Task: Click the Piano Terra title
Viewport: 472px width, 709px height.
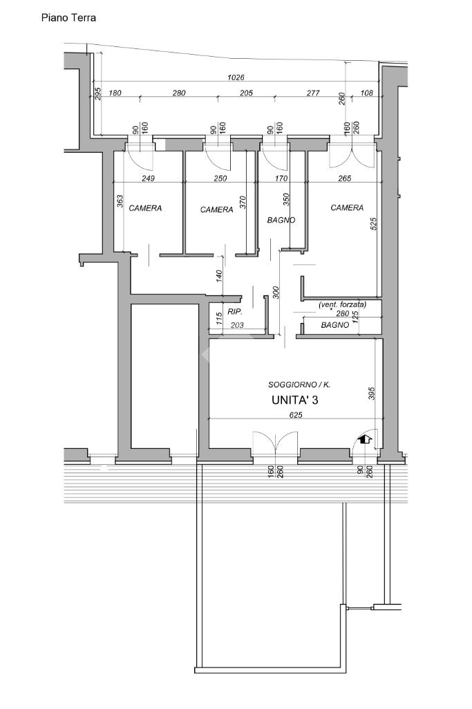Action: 68,17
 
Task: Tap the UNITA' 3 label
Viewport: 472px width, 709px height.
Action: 294,400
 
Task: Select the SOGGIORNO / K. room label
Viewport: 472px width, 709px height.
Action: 299,385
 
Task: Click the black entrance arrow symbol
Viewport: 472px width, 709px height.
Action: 365,438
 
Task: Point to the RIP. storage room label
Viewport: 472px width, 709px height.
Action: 235,311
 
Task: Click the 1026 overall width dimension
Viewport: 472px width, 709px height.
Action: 236,77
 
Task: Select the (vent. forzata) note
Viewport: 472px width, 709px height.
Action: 342,305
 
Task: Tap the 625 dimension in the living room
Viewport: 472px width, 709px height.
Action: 296,414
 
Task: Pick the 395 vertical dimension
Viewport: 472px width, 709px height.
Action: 371,394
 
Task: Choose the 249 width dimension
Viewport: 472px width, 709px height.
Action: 148,178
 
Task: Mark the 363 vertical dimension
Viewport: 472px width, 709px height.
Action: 120,201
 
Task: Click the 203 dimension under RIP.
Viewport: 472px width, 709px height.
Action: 237,325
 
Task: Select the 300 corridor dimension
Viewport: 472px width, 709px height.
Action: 276,293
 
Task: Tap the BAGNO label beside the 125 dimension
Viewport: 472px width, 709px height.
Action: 335,325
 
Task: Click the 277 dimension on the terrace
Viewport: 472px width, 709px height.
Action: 313,93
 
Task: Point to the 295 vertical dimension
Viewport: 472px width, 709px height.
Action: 97,93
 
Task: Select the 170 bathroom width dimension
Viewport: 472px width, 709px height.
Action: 281,178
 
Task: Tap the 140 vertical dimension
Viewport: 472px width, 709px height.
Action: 219,276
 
